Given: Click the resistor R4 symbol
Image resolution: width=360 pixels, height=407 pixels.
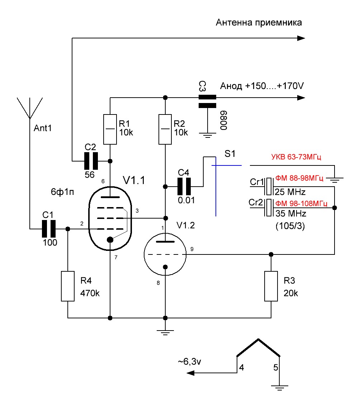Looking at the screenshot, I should [x=68, y=286].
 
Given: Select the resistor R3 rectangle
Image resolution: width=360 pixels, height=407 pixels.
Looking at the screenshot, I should [x=271, y=286].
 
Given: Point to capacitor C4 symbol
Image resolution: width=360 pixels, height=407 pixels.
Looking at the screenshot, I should [x=185, y=186].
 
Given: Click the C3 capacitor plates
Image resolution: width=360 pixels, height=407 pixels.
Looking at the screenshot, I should [x=208, y=101].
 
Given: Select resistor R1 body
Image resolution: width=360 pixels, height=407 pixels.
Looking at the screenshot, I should [x=110, y=129].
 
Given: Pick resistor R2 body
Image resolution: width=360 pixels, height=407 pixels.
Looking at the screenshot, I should [x=165, y=129].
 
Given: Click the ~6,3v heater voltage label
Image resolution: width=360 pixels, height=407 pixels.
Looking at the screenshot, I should [x=189, y=362].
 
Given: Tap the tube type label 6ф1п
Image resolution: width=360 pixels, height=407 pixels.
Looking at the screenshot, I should [x=62, y=192].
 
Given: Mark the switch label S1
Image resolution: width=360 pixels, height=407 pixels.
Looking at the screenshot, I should [x=230, y=154].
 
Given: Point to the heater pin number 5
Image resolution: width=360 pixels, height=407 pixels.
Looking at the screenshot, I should [x=275, y=368].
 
